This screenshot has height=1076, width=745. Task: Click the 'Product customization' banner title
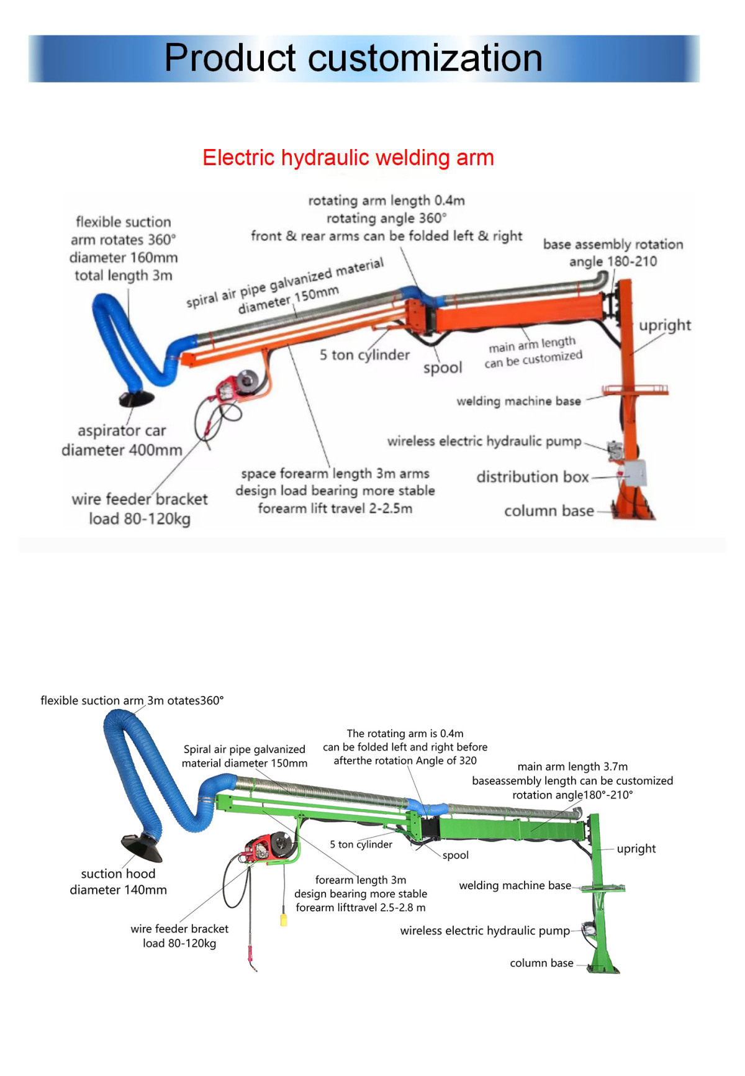353,58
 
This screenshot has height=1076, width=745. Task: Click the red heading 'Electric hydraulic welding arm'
348,158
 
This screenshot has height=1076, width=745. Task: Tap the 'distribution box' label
532,477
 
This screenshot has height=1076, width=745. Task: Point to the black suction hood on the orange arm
137,399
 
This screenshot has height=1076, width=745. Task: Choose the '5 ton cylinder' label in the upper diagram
364,355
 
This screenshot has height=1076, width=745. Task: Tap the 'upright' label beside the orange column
664,325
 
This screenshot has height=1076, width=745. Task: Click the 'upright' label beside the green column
636,848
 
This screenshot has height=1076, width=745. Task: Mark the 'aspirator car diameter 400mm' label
122,440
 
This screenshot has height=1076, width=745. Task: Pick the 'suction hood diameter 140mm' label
118,882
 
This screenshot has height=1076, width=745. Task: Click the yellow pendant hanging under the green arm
284,919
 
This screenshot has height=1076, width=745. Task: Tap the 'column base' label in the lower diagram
541,963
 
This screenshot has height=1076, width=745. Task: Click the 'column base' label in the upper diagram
549,511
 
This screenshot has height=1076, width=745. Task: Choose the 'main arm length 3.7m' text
572,767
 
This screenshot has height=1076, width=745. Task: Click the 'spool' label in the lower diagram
455,855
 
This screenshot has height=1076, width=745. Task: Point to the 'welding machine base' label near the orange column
518,401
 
